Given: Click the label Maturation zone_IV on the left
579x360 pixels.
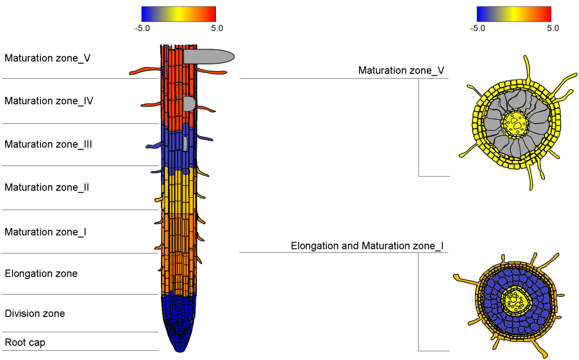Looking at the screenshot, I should (49, 101).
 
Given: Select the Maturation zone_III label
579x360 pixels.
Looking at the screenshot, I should (48, 144).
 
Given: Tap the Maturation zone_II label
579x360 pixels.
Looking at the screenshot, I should (47, 188).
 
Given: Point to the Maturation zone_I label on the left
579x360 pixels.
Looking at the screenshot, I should (46, 232).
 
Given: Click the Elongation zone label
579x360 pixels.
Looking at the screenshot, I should (41, 273).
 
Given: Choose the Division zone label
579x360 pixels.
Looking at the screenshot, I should (35, 314).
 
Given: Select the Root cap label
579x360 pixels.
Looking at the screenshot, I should (25, 343).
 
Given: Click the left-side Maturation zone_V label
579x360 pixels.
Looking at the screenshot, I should (47, 58).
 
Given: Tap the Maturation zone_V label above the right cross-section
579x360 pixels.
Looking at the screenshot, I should (401, 71).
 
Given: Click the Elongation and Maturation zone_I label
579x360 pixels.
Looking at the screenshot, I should (367, 246).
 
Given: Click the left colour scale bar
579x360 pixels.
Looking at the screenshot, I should (178, 14).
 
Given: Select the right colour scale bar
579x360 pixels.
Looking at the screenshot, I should (514, 14).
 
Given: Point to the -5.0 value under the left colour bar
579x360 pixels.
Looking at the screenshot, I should (142, 28).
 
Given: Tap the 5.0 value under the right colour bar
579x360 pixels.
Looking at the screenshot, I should (553, 28).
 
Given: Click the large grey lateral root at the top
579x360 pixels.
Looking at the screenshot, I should (208, 56).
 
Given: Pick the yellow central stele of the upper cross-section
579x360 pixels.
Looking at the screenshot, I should (515, 123).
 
